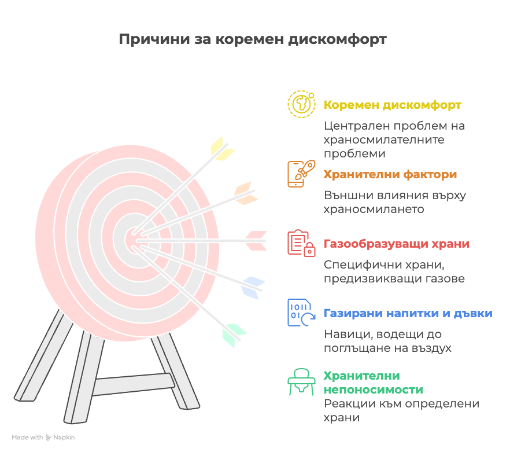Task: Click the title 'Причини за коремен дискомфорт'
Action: pyautogui.click(x=253, y=39)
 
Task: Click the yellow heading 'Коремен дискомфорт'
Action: pyautogui.click(x=392, y=105)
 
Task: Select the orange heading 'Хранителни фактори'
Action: pyautogui.click(x=390, y=175)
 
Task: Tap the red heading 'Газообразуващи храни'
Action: pyautogui.click(x=397, y=244)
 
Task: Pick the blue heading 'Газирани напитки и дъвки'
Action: pyautogui.click(x=408, y=313)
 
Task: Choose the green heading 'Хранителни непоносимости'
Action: pyautogui.click(x=374, y=383)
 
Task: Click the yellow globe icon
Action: pyautogui.click(x=301, y=104)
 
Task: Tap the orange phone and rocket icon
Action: pyautogui.click(x=301, y=174)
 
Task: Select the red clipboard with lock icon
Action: pyautogui.click(x=301, y=243)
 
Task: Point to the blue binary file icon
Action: pyautogui.click(x=301, y=313)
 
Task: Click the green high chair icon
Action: pyautogui.click(x=301, y=382)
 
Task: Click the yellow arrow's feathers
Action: pyautogui.click(x=222, y=149)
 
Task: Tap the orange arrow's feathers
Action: pyautogui.click(x=246, y=193)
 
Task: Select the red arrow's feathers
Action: pyautogui.click(x=256, y=241)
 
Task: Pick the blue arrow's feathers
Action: pyautogui.click(x=252, y=288)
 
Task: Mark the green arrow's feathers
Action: pyautogui.click(x=234, y=335)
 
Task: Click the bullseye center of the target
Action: pyautogui.click(x=133, y=240)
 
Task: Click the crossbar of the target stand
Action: pyautogui.click(x=134, y=384)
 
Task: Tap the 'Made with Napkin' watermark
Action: pyautogui.click(x=43, y=438)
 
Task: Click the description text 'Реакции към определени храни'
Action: pyautogui.click(x=401, y=410)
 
